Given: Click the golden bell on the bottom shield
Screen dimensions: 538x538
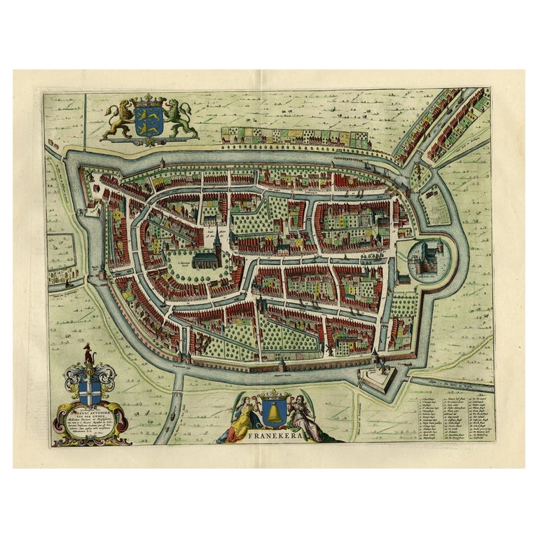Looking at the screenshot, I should click(x=271, y=414).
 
